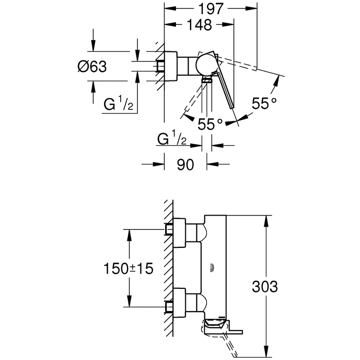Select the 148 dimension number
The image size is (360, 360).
(x=199, y=26)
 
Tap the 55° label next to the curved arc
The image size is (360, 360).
(x=264, y=103)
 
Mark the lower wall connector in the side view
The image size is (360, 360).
(x=178, y=303)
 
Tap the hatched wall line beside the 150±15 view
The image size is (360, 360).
(x=168, y=270)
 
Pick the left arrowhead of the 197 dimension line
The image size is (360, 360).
(x=167, y=9)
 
